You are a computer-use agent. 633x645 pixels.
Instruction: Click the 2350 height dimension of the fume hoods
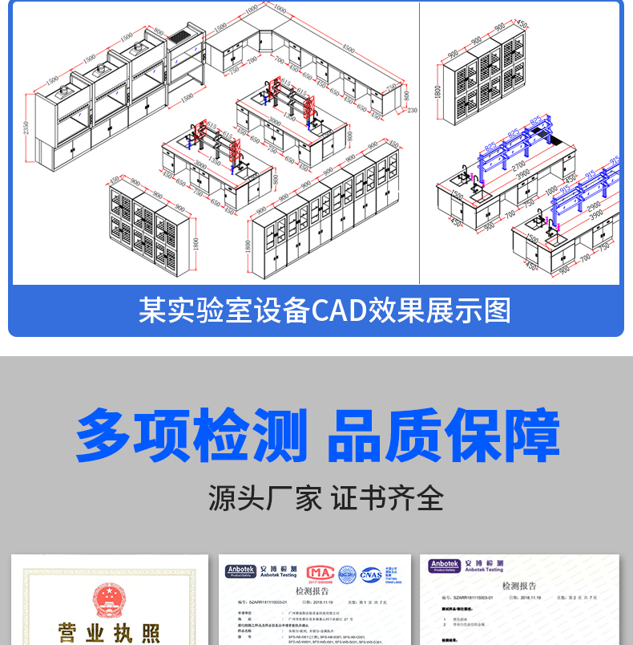point(26,128)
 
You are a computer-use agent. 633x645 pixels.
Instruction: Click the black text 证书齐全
point(387,498)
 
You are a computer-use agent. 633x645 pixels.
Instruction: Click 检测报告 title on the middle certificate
point(312,591)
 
